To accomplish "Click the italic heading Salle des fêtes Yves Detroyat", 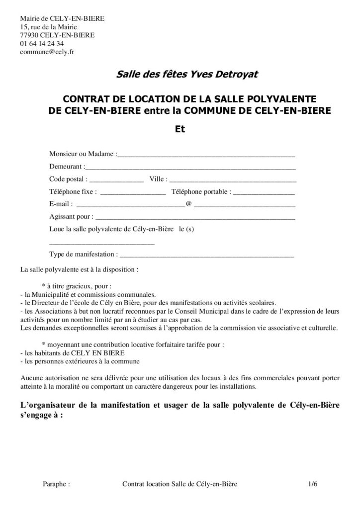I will pos(180,75).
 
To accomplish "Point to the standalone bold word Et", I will pos(180,128).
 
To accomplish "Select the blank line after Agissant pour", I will pos(195,218).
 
